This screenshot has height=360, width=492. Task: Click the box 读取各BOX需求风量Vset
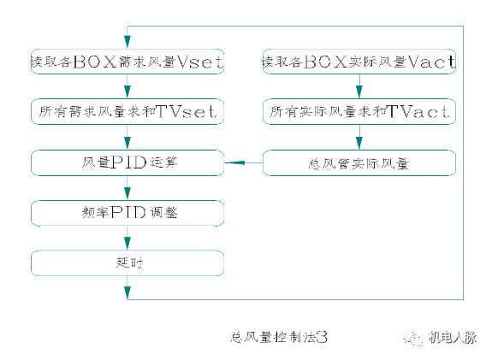pos(127,62)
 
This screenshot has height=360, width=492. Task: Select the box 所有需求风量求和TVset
pos(127,111)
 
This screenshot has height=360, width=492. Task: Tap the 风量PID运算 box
pos(127,161)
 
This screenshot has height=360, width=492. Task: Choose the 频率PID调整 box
pos(127,212)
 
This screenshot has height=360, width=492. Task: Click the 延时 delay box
pos(127,263)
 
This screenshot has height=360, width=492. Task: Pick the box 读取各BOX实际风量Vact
pos(359,62)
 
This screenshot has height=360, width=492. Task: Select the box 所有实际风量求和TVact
pos(359,111)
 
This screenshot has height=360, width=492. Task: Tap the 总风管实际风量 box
pos(359,161)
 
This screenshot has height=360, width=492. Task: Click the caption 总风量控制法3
pos(280,337)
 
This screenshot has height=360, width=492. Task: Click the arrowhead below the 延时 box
pos(127,292)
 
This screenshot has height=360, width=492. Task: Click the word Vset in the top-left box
pos(205,62)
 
